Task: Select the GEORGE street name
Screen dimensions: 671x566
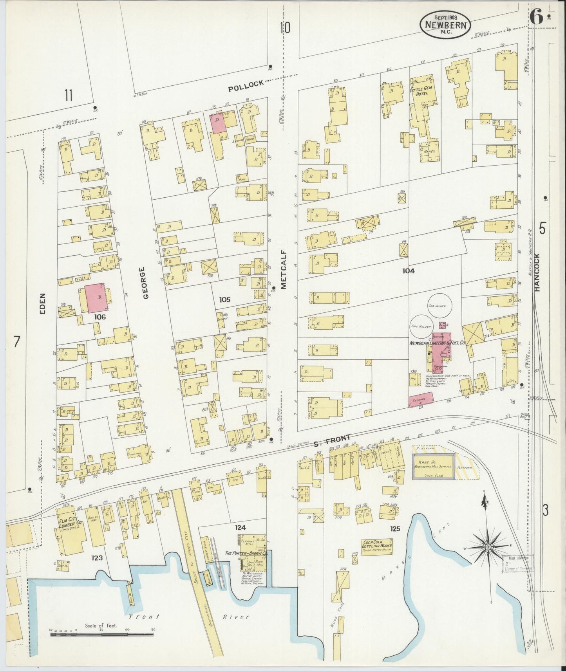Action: point(146,283)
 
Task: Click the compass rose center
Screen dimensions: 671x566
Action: point(488,547)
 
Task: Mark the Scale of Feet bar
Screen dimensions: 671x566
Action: point(103,634)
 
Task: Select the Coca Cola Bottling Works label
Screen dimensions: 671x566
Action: point(377,545)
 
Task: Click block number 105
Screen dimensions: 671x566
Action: point(224,300)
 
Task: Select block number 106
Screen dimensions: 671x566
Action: point(100,317)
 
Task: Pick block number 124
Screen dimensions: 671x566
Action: point(240,528)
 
